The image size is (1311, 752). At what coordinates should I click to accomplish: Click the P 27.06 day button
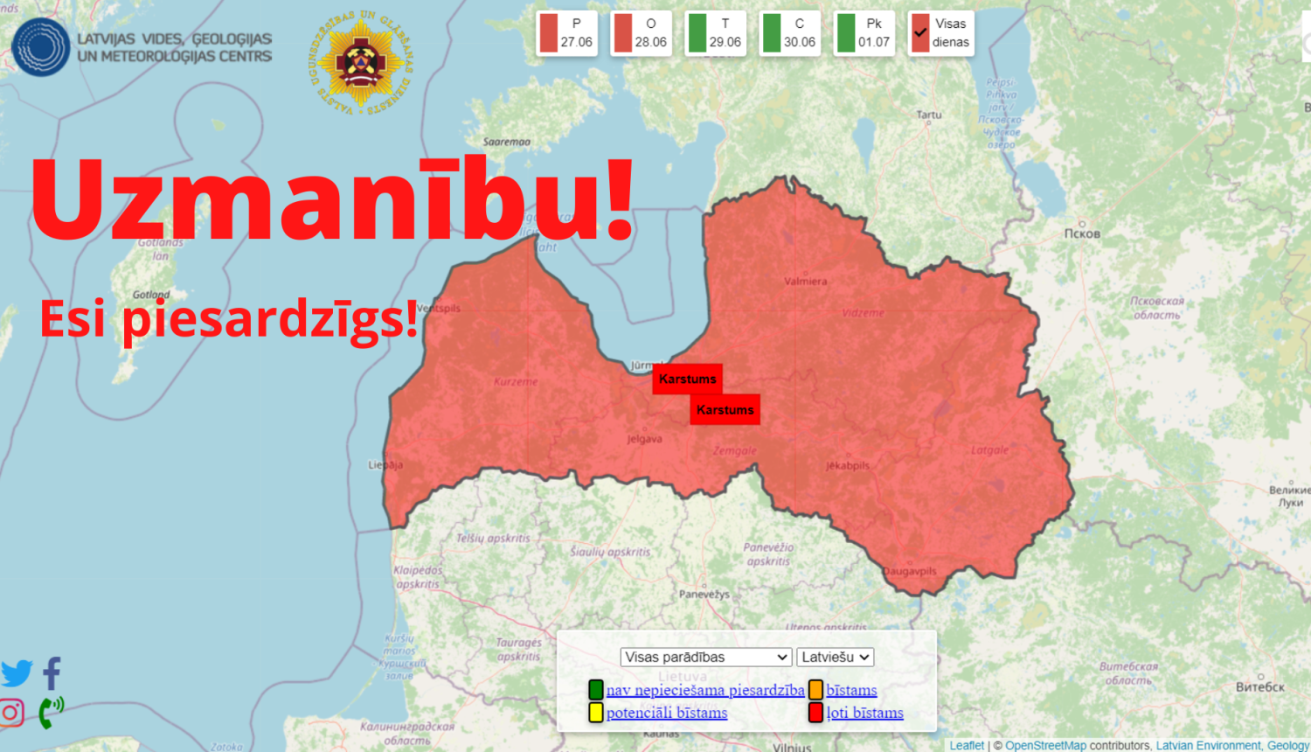[566, 33]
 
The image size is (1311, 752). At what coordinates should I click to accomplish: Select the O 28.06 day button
[641, 33]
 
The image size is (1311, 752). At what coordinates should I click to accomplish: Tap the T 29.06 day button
[715, 33]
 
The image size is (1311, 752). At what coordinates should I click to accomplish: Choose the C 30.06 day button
[789, 33]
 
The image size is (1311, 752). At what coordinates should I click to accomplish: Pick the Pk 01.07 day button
[864, 33]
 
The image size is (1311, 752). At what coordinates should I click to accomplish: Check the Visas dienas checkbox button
[940, 33]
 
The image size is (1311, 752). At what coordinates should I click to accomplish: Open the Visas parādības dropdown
[706, 657]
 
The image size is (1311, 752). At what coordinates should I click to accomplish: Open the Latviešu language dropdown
[835, 657]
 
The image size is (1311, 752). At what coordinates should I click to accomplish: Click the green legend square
[596, 690]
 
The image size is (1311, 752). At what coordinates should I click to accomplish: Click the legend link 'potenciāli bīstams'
[667, 713]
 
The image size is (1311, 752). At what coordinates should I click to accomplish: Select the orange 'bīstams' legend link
[851, 690]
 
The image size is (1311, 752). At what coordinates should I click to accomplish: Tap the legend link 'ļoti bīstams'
[864, 713]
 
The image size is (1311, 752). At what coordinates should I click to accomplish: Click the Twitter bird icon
[17, 673]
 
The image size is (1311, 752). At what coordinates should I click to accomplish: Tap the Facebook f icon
[52, 673]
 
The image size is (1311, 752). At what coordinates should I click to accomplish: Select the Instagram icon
[12, 713]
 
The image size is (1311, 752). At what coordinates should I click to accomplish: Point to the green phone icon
[51, 712]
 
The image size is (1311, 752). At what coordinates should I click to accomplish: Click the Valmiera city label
[805, 282]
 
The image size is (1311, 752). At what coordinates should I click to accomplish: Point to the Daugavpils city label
[909, 571]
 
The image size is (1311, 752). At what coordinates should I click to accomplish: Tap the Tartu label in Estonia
[929, 115]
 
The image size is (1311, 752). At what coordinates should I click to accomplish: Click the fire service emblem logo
[361, 64]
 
